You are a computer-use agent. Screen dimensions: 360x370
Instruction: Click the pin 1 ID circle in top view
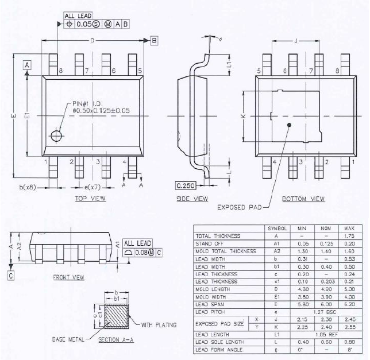56,136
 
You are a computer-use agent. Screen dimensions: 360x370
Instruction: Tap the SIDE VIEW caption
191,199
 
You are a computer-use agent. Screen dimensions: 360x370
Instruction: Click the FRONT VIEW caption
68,277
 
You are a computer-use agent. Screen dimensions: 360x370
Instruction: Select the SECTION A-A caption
115,340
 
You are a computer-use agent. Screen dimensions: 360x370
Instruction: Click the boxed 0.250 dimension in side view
186,185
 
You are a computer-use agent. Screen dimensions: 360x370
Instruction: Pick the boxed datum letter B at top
154,40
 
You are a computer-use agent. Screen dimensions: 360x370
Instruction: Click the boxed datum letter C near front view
11,275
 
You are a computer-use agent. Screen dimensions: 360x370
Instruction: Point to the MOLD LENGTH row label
214,289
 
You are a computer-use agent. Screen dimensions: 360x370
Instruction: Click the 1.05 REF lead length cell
325,334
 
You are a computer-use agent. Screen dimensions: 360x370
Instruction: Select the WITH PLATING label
158,324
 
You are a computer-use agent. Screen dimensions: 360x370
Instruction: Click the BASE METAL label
68,339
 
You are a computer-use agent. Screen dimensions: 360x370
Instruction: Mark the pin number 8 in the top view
60,71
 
